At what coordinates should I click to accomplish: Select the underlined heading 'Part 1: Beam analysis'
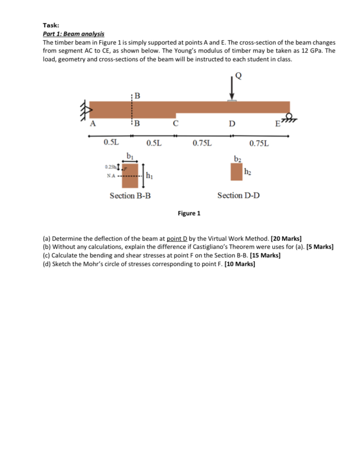[73, 34]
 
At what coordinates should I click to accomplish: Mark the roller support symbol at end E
[289, 118]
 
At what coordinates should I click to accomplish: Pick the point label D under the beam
[232, 125]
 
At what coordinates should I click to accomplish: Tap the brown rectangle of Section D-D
[236, 172]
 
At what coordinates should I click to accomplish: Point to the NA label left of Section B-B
[111, 176]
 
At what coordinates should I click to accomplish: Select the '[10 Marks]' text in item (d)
[238, 264]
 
